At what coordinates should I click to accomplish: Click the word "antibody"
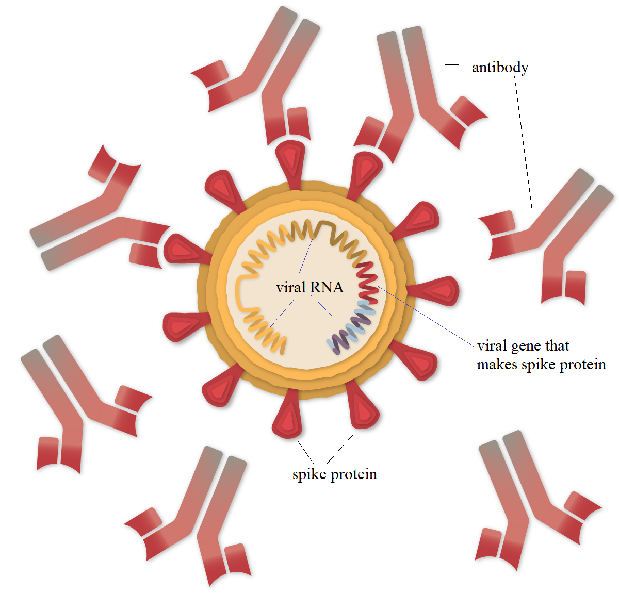(500, 68)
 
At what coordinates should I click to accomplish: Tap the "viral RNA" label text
(309, 287)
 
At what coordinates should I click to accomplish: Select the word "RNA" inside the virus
(327, 287)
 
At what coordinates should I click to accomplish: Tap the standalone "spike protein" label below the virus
(334, 474)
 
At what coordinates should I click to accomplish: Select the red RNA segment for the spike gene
(369, 281)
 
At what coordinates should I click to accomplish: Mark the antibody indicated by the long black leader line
(547, 232)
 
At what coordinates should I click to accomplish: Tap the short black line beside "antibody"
(451, 65)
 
